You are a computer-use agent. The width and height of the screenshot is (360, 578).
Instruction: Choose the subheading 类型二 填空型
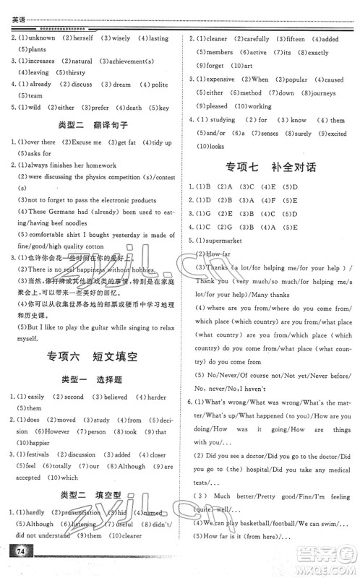[89, 493]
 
